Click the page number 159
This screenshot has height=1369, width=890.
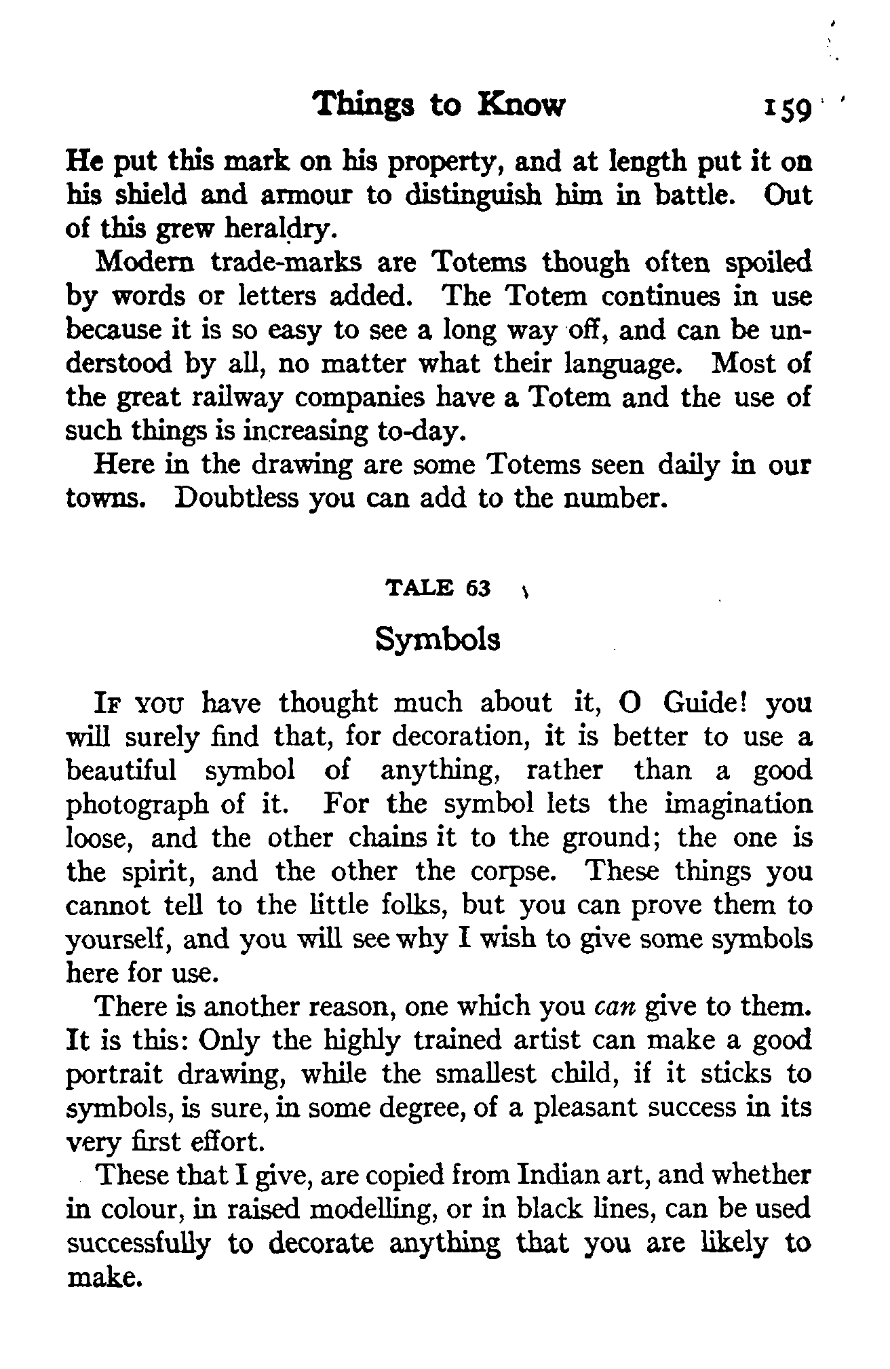(x=787, y=109)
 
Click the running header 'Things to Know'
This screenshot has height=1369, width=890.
(x=440, y=105)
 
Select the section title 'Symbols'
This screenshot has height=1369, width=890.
(x=438, y=640)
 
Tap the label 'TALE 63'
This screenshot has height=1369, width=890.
(x=438, y=588)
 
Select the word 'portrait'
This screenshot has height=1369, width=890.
(x=115, y=1075)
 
